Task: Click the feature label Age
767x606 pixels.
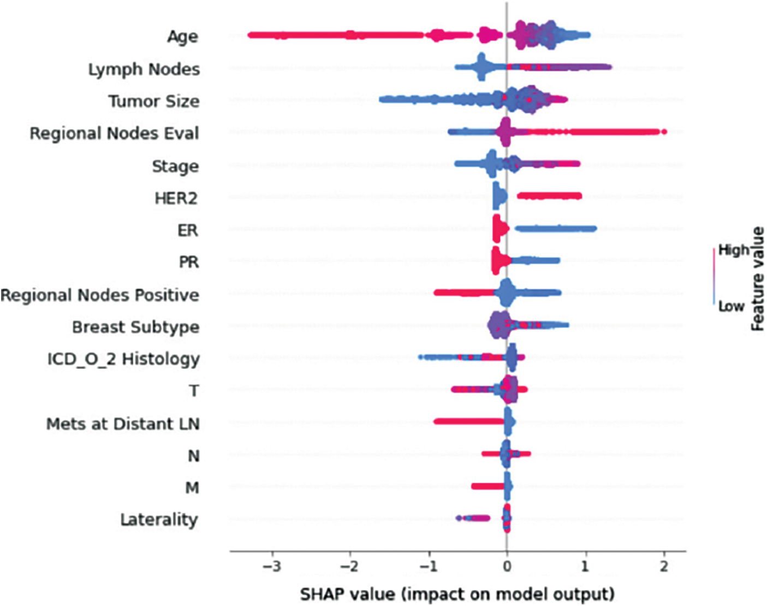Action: (182, 37)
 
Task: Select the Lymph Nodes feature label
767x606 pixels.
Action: (144, 69)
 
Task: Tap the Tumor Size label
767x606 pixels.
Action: (153, 102)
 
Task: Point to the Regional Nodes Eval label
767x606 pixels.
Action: (114, 134)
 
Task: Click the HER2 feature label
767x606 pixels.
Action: (176, 198)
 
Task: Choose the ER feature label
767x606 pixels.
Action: (188, 230)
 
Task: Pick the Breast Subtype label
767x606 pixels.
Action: (135, 327)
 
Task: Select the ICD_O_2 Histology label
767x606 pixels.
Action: (123, 359)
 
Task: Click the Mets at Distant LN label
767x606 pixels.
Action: (123, 424)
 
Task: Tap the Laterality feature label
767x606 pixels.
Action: (159, 520)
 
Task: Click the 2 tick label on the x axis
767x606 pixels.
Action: (664, 566)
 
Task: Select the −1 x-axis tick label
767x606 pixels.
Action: (429, 566)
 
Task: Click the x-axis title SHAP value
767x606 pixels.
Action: (457, 593)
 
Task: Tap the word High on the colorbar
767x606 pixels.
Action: (733, 251)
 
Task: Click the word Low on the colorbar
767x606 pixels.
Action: (731, 306)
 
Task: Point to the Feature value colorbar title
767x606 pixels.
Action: (757, 278)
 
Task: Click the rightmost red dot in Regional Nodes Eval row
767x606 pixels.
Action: (663, 132)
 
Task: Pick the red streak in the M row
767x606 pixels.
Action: (487, 486)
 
